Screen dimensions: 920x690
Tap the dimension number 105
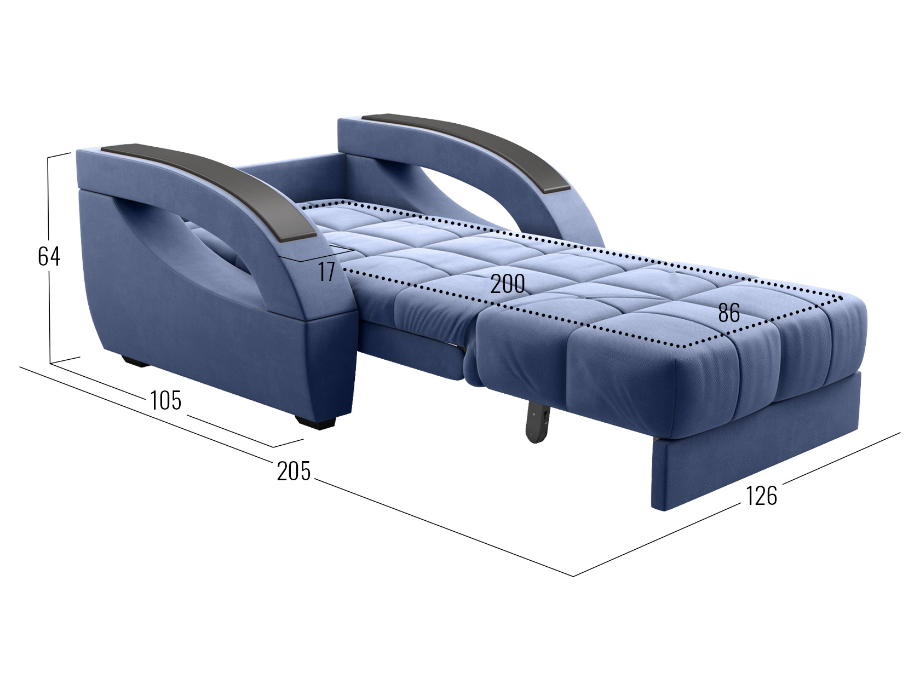click(165, 400)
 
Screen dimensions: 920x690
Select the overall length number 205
click(294, 470)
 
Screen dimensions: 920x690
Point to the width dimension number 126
click(761, 496)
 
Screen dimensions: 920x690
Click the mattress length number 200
click(508, 284)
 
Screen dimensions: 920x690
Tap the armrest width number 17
click(327, 272)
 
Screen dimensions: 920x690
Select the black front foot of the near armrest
click(315, 421)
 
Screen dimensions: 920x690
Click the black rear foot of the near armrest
click(135, 361)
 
